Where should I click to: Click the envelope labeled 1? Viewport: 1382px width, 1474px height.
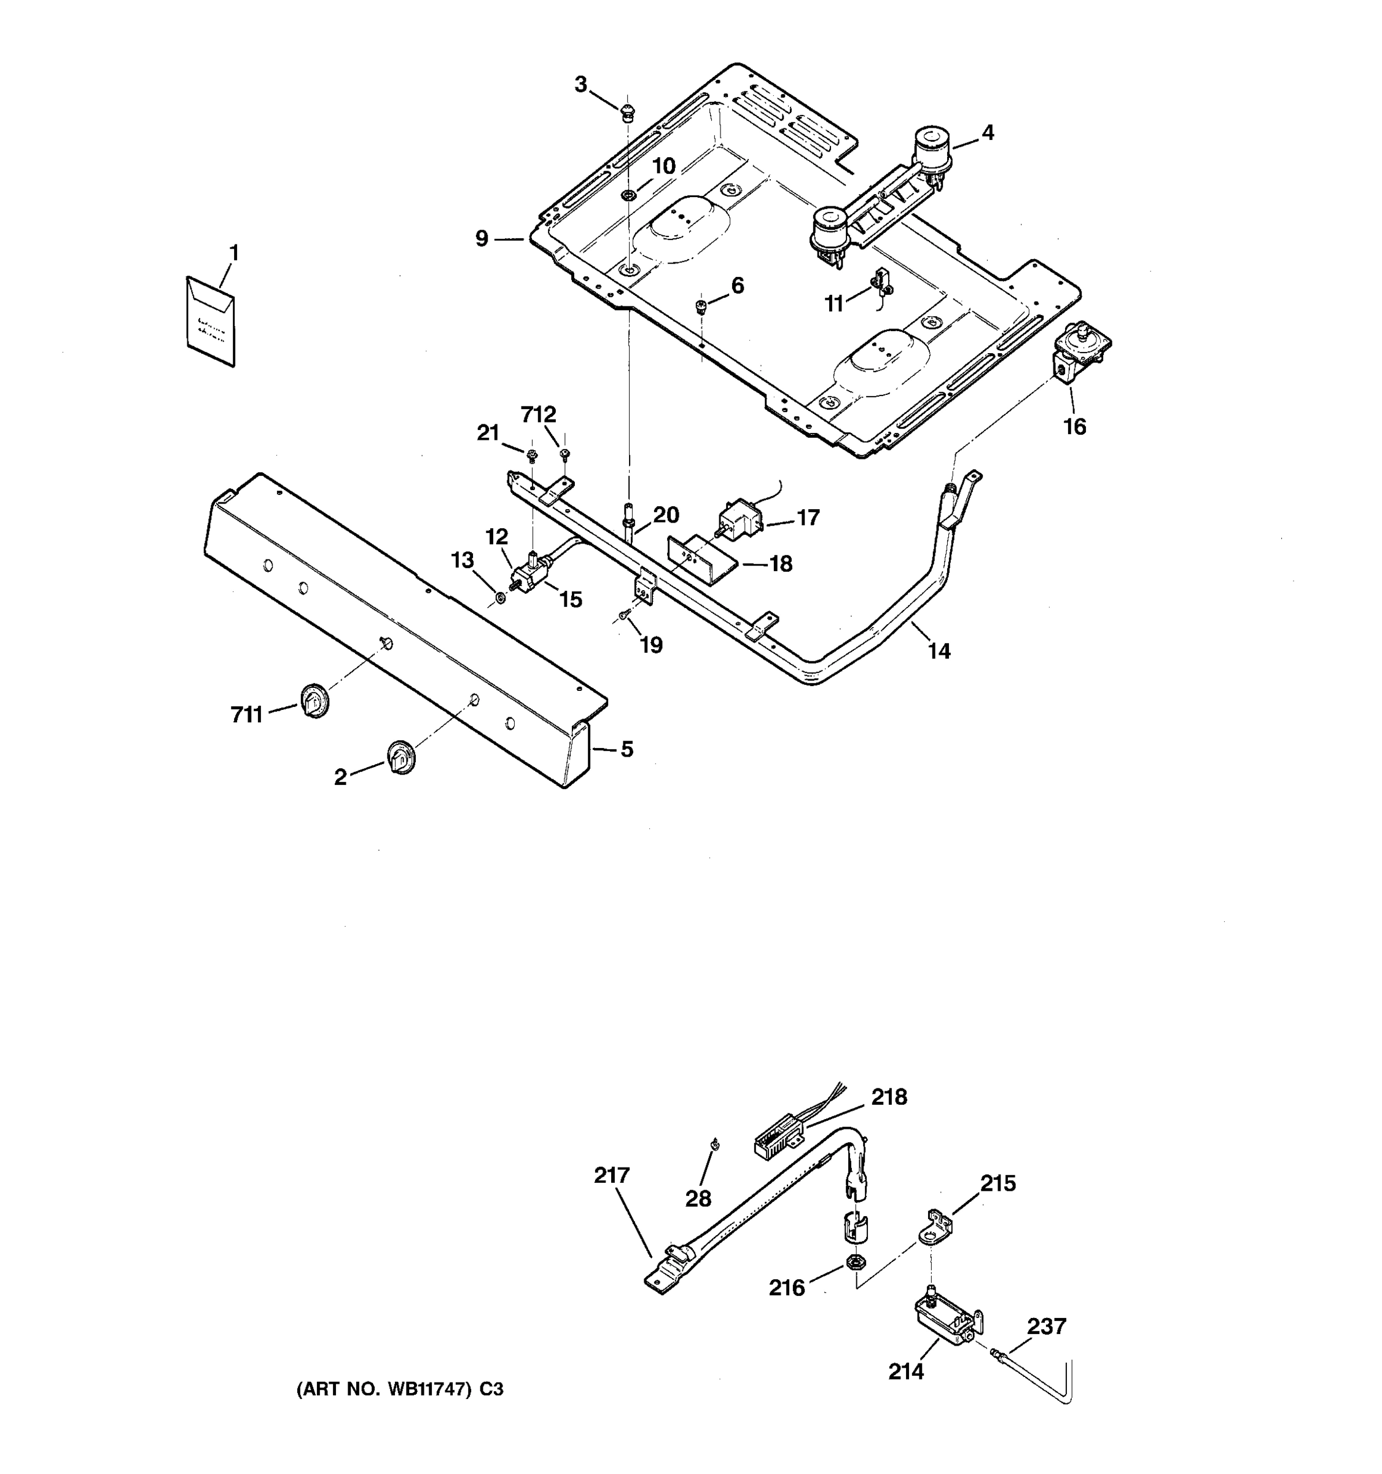pos(210,321)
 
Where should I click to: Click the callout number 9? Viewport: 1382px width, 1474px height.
pos(482,239)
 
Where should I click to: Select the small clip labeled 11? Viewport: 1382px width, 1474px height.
pos(881,280)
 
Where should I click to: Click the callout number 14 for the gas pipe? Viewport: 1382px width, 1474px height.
pos(939,651)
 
